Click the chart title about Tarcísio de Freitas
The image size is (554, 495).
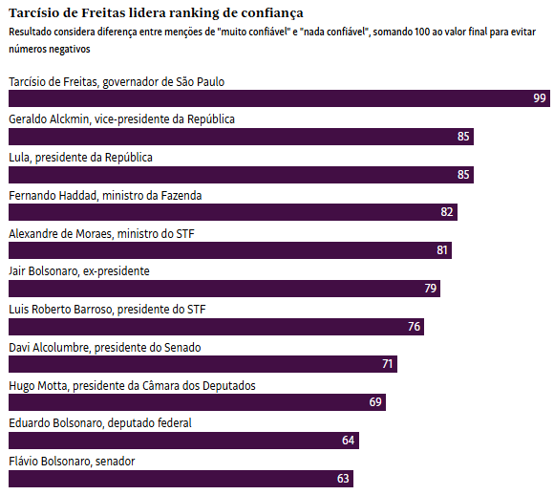(156, 13)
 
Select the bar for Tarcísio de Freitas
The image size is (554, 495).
(279, 98)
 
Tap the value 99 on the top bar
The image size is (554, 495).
(540, 98)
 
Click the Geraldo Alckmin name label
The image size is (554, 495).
(122, 119)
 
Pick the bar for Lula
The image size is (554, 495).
(241, 175)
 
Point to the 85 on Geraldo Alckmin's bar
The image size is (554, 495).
(463, 137)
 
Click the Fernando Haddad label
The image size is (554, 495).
(105, 196)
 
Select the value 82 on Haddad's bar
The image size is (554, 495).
(447, 212)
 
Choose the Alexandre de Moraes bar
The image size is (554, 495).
(230, 250)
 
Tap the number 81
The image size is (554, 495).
(442, 250)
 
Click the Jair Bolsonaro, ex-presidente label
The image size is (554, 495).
(79, 271)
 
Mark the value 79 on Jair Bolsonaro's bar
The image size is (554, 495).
(431, 289)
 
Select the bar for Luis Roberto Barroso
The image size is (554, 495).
(216, 327)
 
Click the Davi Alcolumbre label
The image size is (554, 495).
(105, 348)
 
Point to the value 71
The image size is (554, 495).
(387, 364)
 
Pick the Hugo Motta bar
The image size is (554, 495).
(197, 402)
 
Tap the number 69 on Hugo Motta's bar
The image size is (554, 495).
(375, 402)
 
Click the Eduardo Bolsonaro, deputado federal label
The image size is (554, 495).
(100, 423)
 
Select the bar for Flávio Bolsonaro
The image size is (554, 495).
(181, 479)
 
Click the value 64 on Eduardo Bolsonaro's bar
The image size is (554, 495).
(348, 441)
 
